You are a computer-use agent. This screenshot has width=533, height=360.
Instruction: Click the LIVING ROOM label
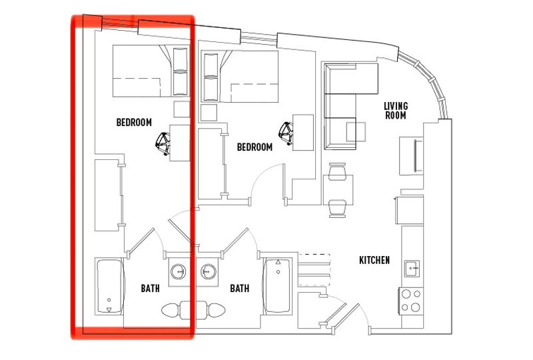(x=396, y=111)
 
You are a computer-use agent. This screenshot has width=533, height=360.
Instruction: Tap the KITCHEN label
(x=374, y=260)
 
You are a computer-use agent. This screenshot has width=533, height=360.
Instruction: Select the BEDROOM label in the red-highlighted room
(x=134, y=123)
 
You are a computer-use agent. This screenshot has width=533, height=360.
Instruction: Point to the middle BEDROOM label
(x=255, y=147)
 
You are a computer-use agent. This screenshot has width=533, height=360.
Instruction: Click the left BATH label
(x=150, y=289)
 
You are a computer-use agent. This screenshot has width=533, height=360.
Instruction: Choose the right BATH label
(x=239, y=289)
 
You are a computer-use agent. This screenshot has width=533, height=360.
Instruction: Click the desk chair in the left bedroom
(x=163, y=141)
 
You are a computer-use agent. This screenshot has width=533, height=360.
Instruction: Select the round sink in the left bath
(x=179, y=271)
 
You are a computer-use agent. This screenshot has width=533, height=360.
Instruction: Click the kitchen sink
(x=412, y=269)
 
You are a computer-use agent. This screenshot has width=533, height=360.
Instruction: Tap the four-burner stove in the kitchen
(x=410, y=299)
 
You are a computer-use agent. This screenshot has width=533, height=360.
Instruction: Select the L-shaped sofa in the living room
(x=340, y=107)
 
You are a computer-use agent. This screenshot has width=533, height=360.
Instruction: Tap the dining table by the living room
(x=336, y=191)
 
